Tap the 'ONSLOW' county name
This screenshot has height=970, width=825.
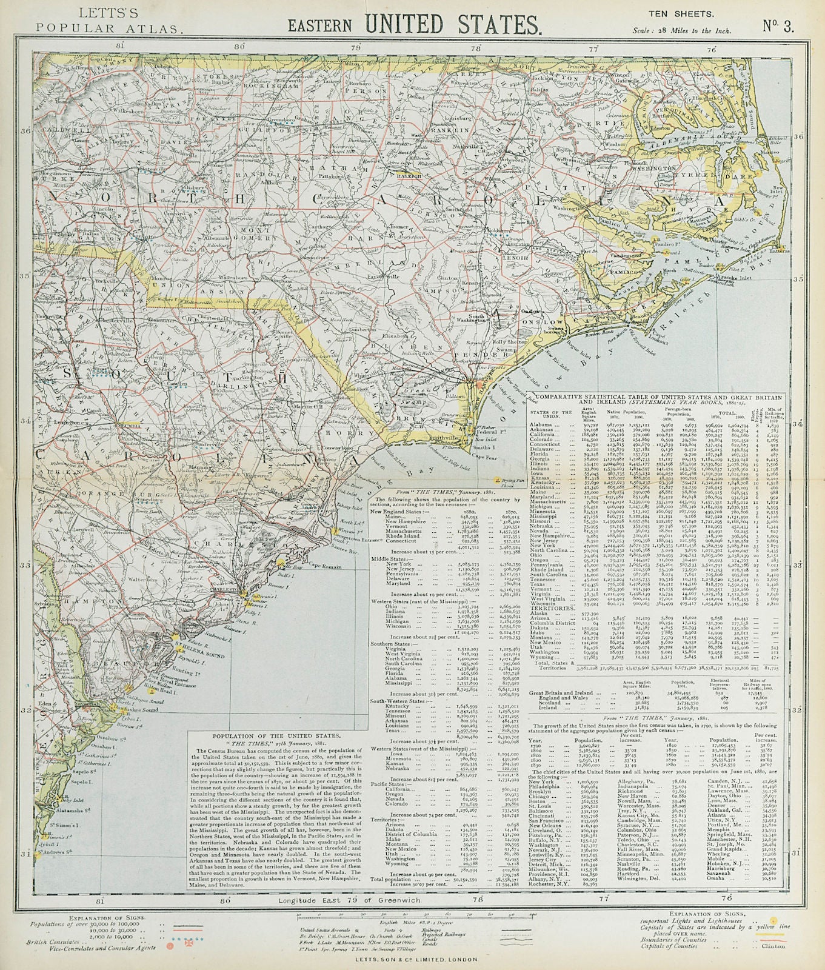pos(547,319)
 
